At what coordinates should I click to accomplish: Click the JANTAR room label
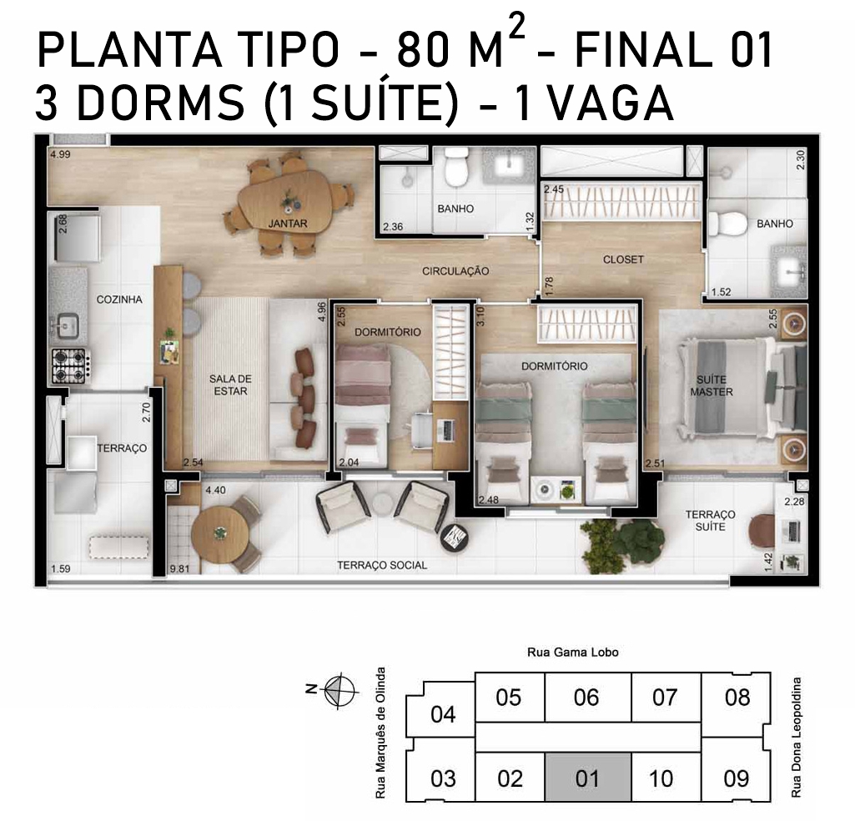tap(287, 223)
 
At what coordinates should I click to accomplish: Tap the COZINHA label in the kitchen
tap(119, 299)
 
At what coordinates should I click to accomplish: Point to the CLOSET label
tap(623, 259)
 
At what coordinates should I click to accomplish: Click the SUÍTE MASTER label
tap(711, 385)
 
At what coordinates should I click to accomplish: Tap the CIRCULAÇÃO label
tap(455, 270)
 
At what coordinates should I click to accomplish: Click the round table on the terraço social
tap(219, 533)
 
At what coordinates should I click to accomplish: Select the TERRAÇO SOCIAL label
tap(382, 565)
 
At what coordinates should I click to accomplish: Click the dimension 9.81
tap(179, 569)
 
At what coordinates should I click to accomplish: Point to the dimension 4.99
tap(60, 154)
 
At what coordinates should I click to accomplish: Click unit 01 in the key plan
tap(588, 778)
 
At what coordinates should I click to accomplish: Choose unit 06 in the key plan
tap(586, 698)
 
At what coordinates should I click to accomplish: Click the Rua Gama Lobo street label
tap(572, 652)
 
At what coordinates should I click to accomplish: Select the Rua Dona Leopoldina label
tap(797, 737)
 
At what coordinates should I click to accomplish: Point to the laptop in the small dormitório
tap(446, 431)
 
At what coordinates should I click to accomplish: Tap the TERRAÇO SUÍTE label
tap(710, 521)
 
